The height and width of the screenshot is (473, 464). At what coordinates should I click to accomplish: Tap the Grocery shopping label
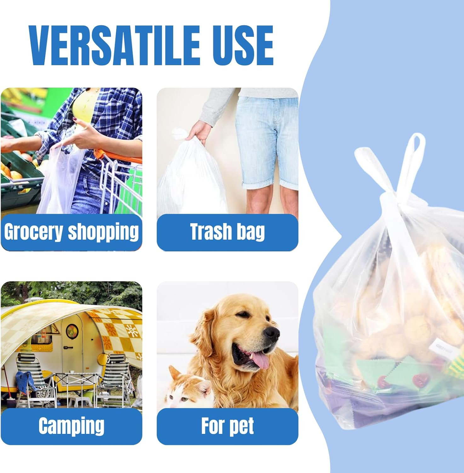click(x=71, y=232)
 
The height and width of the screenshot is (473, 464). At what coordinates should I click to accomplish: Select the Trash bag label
click(x=227, y=232)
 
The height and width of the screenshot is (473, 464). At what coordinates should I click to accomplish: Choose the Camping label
click(x=71, y=426)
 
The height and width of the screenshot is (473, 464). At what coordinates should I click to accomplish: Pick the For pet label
click(x=227, y=426)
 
